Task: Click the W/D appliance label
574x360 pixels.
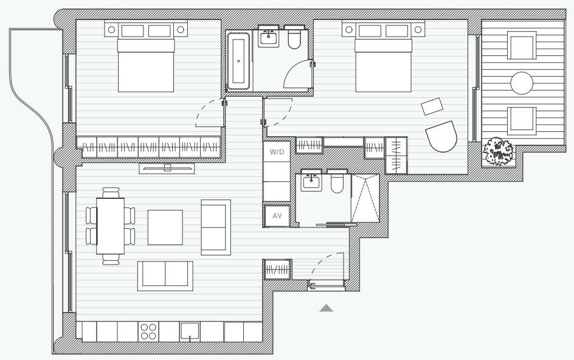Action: (x=277, y=152)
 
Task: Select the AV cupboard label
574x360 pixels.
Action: (x=277, y=216)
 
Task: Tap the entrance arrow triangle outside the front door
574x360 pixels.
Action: (x=327, y=308)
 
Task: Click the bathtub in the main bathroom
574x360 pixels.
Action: (x=238, y=61)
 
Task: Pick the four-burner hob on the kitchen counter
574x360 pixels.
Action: (x=148, y=331)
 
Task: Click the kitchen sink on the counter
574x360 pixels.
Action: (x=190, y=331)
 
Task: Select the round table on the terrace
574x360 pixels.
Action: (x=522, y=83)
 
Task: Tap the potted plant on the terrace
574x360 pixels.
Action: (x=499, y=151)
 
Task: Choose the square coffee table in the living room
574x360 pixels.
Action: (x=165, y=227)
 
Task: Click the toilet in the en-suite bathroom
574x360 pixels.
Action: (x=338, y=183)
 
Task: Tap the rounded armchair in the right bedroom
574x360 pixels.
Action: (x=441, y=137)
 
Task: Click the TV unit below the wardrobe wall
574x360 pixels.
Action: (x=168, y=167)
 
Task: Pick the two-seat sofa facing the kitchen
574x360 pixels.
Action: (x=165, y=276)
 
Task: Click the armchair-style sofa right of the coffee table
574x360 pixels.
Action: (x=216, y=227)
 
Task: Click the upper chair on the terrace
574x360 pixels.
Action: (x=522, y=46)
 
